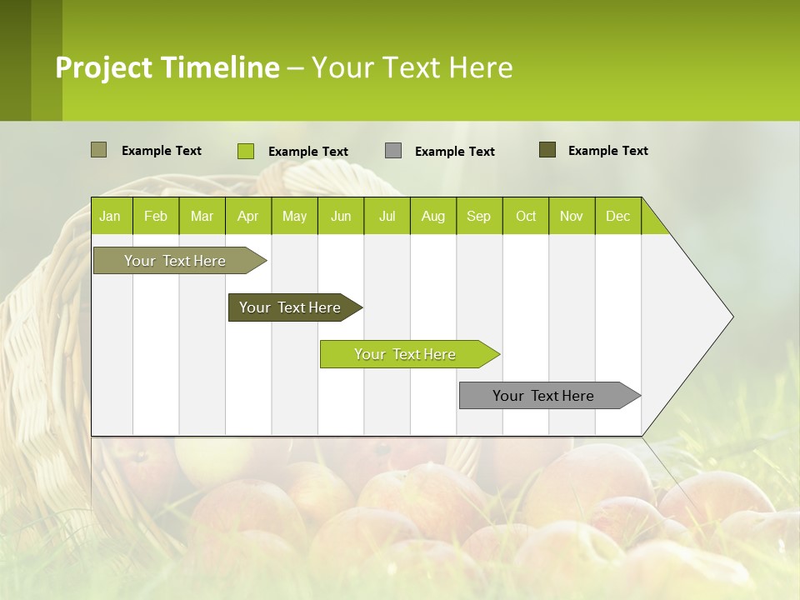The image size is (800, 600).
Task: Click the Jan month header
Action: (110, 217)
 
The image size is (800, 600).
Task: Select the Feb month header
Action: (156, 217)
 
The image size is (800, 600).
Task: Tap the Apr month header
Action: (247, 217)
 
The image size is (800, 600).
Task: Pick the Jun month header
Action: (341, 217)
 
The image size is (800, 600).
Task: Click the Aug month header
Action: (432, 217)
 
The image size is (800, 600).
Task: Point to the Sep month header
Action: (478, 217)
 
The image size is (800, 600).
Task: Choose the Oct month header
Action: (526, 217)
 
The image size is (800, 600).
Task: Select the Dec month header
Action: (617, 217)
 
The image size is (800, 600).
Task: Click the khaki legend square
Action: (98, 150)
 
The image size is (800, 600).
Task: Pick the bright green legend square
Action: (245, 151)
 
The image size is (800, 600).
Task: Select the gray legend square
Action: (393, 150)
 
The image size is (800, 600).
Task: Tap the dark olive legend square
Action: (547, 150)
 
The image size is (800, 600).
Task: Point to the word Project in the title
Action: (103, 67)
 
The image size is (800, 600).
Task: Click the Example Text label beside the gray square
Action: (454, 152)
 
